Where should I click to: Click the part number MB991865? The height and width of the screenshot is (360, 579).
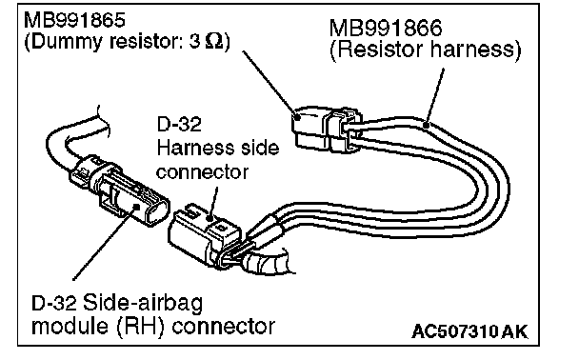(x=74, y=20)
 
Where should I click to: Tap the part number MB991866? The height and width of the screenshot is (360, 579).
(x=385, y=28)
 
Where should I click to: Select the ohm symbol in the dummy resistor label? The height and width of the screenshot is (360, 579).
(x=214, y=41)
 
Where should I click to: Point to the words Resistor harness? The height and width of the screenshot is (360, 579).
(x=425, y=50)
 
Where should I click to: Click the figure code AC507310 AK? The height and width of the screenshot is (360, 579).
(x=469, y=331)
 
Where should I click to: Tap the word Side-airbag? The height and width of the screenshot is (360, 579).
(x=143, y=304)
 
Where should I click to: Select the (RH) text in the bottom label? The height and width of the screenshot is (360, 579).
(x=140, y=327)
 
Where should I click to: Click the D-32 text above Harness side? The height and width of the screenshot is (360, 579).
(x=179, y=124)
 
